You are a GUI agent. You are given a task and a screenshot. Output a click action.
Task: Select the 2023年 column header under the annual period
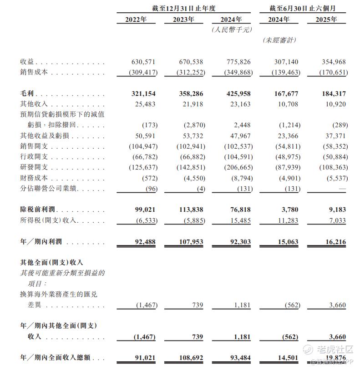183,20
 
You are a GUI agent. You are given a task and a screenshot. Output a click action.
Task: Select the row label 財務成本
34,179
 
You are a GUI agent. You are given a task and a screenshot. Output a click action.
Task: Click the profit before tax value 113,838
188,210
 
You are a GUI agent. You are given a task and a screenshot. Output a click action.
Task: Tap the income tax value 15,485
238,220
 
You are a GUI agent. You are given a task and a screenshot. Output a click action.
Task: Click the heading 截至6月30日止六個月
303,8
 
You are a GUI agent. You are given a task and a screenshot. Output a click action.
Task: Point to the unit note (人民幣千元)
231,30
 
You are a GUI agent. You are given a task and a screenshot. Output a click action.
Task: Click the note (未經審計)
279,40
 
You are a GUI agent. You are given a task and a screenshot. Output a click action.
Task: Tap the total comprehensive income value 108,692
188,358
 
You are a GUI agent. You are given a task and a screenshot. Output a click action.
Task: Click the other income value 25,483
145,104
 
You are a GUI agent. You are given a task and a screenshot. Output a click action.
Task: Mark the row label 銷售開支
34,146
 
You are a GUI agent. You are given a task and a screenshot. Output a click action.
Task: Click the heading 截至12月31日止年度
183,8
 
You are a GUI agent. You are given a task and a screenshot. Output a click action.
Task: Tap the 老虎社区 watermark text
335,350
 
